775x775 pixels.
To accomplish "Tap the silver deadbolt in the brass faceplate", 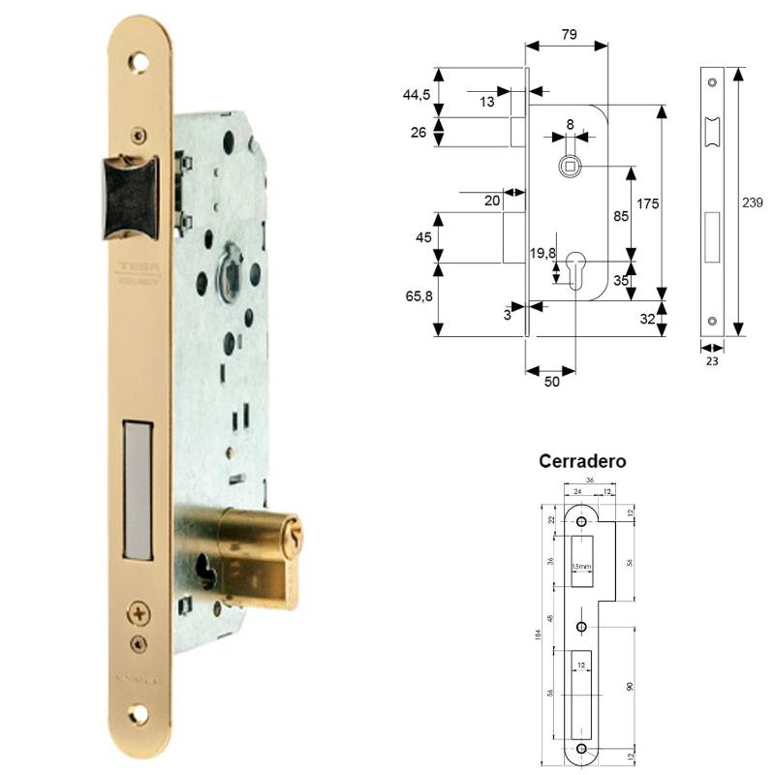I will (x=139, y=490).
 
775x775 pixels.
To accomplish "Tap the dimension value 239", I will (x=752, y=203).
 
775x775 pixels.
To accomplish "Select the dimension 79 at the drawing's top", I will (x=569, y=35).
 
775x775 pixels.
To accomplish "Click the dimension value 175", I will (x=648, y=203).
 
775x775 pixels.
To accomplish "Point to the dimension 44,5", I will (x=418, y=94).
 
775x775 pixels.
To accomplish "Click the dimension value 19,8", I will (x=542, y=254).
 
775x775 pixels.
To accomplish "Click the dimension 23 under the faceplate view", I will (x=712, y=360).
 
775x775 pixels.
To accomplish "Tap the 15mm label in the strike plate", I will (x=581, y=567).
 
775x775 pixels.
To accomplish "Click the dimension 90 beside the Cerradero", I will (x=630, y=687).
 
